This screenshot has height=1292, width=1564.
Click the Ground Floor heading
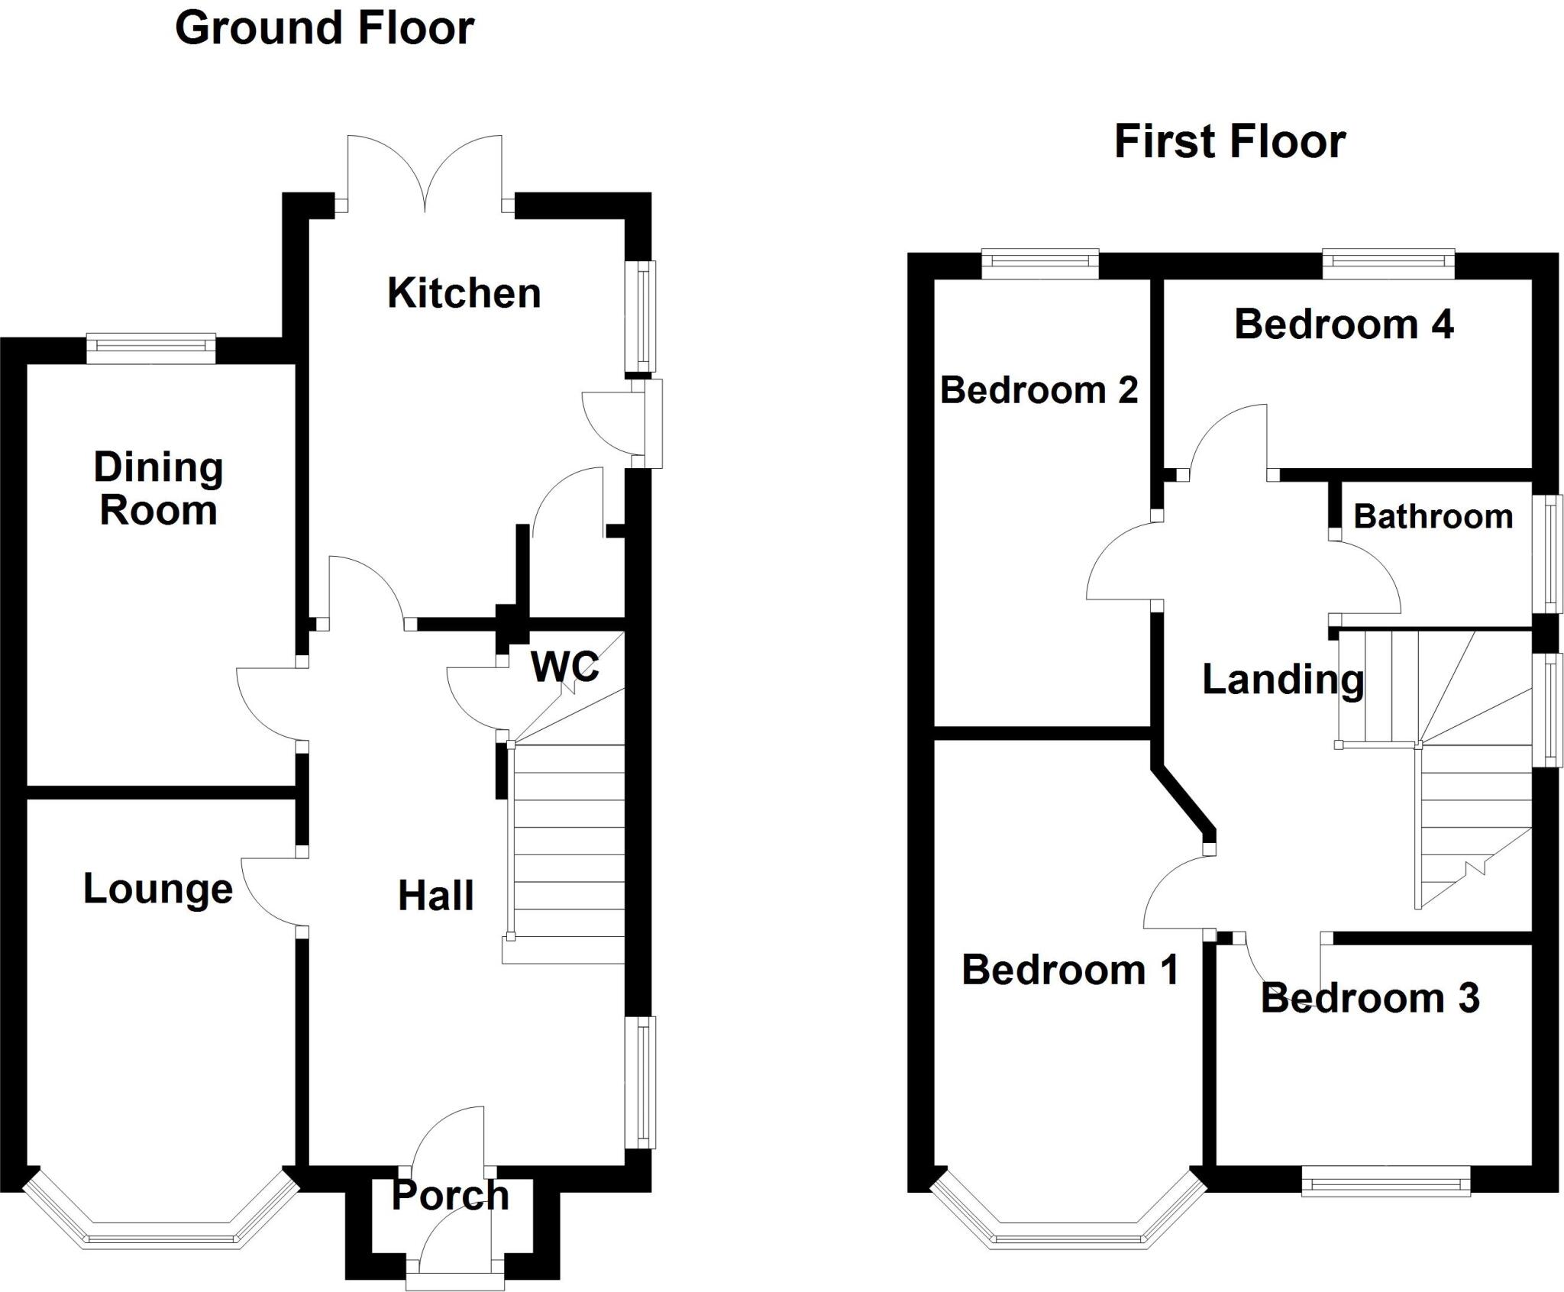coord(325,29)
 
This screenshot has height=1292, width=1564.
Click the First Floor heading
coord(1230,142)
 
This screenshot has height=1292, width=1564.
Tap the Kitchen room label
coord(464,293)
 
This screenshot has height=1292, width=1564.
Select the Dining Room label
coord(158,489)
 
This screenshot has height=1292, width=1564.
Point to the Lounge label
coord(157,889)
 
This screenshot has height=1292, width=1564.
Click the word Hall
coord(435,895)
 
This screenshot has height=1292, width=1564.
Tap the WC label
coord(564,667)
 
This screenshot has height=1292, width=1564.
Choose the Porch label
coord(450,1195)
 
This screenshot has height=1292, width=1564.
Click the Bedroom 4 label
coord(1343,325)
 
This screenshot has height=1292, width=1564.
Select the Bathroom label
coord(1433,517)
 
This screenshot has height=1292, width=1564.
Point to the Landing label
coord(1283,679)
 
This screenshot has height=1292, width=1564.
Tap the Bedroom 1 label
coord(1070,970)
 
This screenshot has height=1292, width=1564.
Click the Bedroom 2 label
coord(1039,390)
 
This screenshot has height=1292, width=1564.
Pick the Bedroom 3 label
coord(1370,998)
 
